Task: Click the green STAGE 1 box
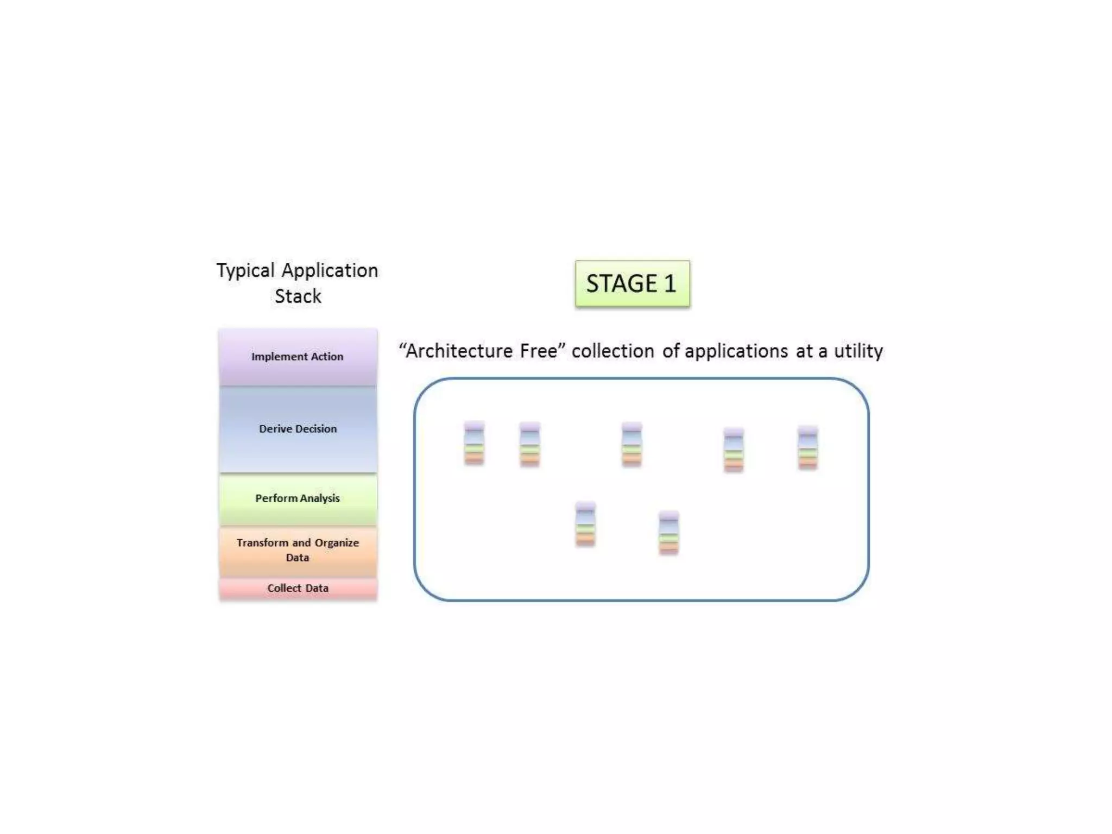click(x=633, y=283)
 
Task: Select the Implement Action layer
click(x=298, y=357)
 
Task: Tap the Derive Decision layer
click(x=298, y=429)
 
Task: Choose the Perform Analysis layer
click(x=298, y=498)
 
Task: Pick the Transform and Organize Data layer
click(x=298, y=550)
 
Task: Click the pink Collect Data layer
click(x=298, y=589)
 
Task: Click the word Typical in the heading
click(x=245, y=271)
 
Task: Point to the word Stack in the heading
click(x=298, y=296)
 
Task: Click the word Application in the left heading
click(x=330, y=271)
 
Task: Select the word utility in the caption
click(x=858, y=351)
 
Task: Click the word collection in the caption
click(x=612, y=351)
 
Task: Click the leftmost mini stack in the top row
click(x=474, y=443)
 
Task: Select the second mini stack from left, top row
click(x=530, y=444)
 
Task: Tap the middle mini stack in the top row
click(x=631, y=444)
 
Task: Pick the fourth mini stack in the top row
click(x=734, y=450)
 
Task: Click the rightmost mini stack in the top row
click(x=808, y=448)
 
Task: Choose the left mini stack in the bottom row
click(x=585, y=524)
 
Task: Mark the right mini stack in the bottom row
click(x=668, y=533)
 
